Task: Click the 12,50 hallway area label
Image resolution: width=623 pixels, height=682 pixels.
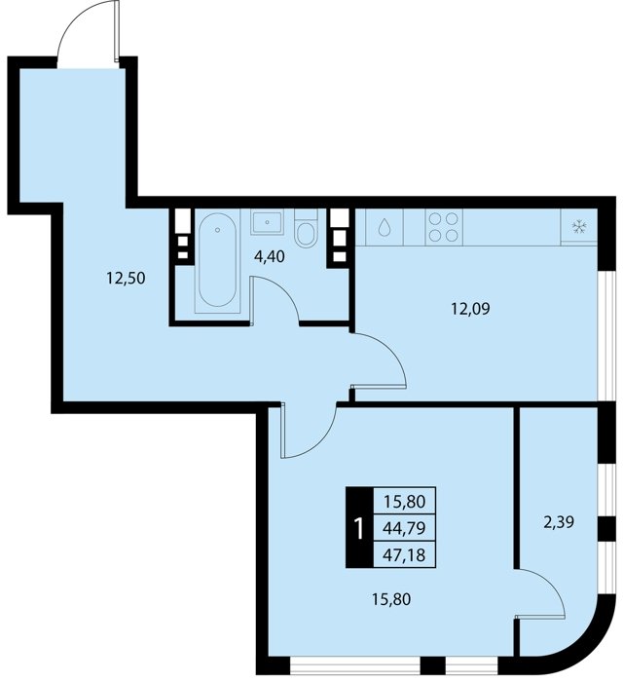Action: point(126,278)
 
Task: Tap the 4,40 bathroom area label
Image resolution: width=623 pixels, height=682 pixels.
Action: point(270,256)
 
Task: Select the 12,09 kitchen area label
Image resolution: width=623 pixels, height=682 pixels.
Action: point(470,309)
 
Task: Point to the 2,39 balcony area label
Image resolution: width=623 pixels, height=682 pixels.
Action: point(559,521)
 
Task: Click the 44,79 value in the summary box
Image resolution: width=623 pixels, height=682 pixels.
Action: point(404,528)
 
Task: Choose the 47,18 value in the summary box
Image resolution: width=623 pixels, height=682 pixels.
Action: point(404,554)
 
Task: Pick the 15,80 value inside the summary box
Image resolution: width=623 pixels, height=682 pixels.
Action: point(404,502)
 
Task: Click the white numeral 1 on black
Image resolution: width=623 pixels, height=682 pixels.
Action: point(359,528)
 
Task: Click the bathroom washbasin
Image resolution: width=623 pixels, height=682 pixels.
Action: point(267,222)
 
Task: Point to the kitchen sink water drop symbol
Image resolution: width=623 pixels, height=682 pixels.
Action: point(385,227)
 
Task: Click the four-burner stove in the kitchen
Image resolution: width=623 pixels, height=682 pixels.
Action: point(444,227)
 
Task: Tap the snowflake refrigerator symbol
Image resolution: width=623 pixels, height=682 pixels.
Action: point(579,227)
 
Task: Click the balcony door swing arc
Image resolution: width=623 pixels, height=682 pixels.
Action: point(550,584)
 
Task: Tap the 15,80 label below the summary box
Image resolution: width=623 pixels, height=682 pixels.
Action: point(391,600)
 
